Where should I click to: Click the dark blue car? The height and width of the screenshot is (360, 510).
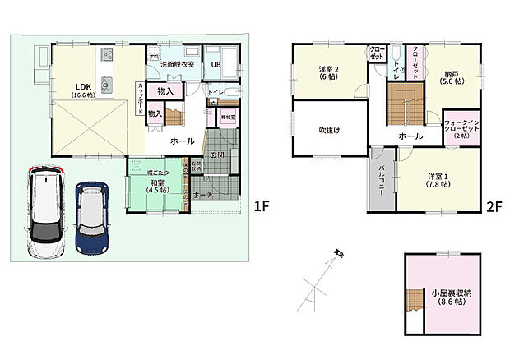point(92,216)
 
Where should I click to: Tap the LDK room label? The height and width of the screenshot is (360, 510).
point(83,90)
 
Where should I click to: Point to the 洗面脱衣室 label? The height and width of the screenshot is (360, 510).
point(177,64)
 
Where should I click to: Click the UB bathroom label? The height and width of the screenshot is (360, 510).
point(216,65)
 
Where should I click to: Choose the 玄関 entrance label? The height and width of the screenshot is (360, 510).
point(217,155)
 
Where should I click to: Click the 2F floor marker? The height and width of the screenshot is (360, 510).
point(494,206)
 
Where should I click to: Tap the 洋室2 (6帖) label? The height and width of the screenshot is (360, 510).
point(330,73)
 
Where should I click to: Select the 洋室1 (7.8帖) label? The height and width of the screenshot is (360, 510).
point(438,180)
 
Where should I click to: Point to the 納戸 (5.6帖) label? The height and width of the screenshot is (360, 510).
point(451,76)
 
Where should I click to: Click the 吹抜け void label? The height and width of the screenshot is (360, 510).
point(331,130)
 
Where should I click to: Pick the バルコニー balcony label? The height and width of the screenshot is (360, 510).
point(382,178)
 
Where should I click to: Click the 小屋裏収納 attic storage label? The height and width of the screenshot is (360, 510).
point(450,298)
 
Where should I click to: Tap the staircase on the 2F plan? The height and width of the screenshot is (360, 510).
point(403,107)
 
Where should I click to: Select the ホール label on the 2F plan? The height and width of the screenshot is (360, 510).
point(410,136)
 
